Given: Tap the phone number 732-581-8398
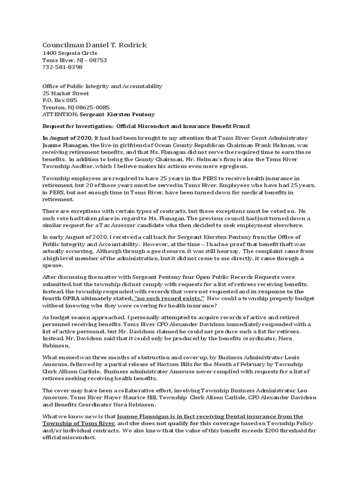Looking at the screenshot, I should (x=62, y=67).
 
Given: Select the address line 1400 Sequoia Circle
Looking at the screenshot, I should (x=71, y=53).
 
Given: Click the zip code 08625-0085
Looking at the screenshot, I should (x=94, y=107).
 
